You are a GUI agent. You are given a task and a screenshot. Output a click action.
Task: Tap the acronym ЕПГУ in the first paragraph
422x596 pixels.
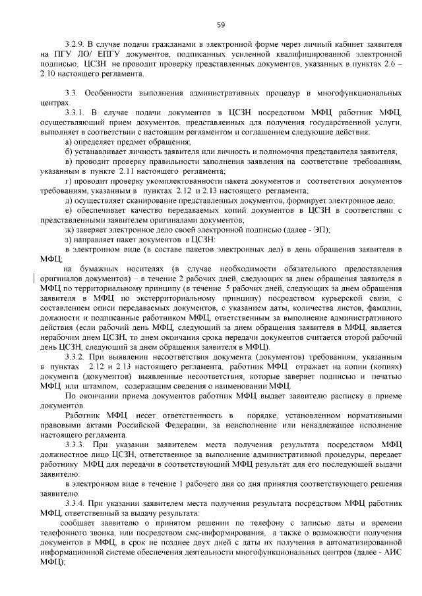coord(86,53)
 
